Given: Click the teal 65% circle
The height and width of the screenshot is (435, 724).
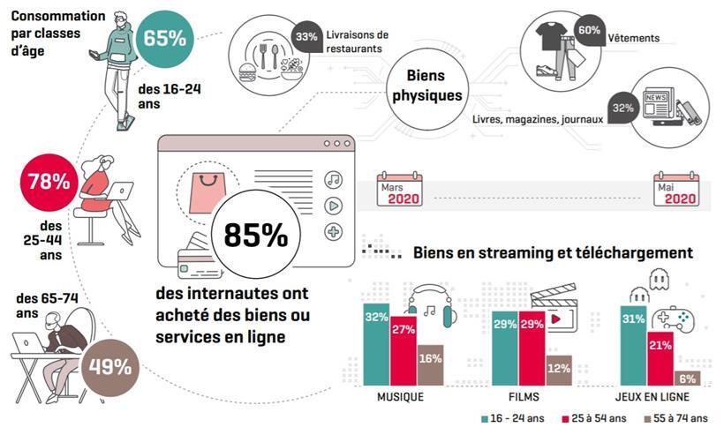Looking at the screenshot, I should point(164,38).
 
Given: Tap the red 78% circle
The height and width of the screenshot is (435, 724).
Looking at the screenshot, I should point(48,182).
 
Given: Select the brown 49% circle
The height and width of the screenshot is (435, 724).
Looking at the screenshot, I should point(110,364).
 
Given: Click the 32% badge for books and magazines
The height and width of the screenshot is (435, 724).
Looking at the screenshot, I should point(623,107).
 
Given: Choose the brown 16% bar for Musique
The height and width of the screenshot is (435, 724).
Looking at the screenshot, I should point(430,365).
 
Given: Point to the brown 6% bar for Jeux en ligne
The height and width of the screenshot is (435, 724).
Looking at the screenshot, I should point(687,378).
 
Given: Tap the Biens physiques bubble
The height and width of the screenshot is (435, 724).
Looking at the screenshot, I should point(428,86).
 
